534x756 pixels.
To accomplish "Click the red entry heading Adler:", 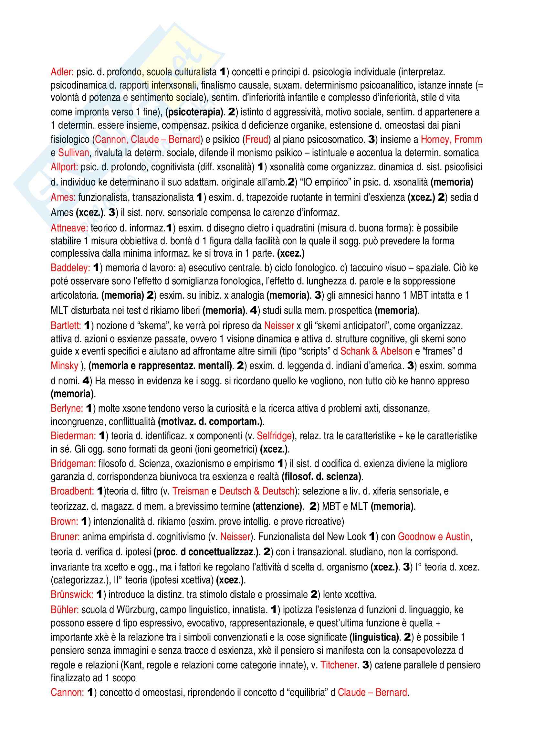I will pyautogui.click(x=62, y=72).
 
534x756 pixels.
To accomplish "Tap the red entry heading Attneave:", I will pyautogui.click(x=69, y=228).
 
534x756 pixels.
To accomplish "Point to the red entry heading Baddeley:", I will pyautogui.click(x=70, y=268).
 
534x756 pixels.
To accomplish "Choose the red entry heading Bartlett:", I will pyautogui.click(x=66, y=326).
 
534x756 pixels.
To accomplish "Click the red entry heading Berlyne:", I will pyautogui.click(x=67, y=409).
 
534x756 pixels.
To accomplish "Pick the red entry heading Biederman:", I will pyautogui.click(x=73, y=436).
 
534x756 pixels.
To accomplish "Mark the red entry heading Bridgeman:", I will pyautogui.click(x=73, y=463).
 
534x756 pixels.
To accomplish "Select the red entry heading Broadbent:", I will pyautogui.click(x=72, y=491).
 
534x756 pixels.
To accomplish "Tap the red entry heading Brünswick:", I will pyautogui.click(x=72, y=594).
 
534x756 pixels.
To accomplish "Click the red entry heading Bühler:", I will pyautogui.click(x=65, y=610).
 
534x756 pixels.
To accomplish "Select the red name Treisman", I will pyautogui.click(x=191, y=491).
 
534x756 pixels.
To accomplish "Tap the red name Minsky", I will pyautogui.click(x=65, y=366).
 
